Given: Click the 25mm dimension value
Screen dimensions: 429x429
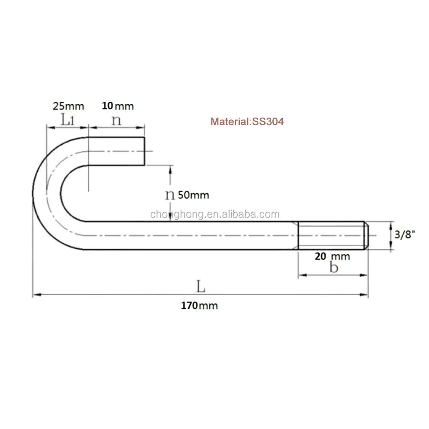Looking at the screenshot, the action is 68,106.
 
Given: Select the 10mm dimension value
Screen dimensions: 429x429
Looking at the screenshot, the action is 118,106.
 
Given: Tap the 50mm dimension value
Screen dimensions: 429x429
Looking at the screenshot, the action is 193,195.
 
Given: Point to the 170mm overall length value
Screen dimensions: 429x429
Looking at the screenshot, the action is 199,305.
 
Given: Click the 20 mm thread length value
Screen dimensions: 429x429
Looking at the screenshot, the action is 332,257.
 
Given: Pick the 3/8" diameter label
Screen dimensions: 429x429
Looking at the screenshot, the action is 405,235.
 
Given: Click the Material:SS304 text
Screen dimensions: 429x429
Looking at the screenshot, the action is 247,121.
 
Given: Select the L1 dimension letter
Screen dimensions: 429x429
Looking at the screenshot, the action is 67,120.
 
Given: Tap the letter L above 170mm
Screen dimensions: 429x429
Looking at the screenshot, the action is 201,287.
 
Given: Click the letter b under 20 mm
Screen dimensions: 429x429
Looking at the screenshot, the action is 334,267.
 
